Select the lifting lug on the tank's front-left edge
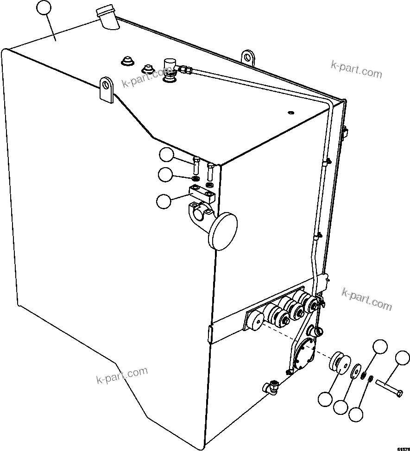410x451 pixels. click(x=107, y=89)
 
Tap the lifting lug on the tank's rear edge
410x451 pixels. click(x=248, y=58)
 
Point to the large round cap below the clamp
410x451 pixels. click(x=223, y=231)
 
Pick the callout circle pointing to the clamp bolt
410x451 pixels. click(x=168, y=156)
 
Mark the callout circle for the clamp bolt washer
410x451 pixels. click(x=166, y=175)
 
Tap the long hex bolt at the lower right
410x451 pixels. click(x=389, y=386)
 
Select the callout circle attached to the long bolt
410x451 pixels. click(x=402, y=359)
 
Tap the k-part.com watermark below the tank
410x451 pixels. click(x=122, y=375)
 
